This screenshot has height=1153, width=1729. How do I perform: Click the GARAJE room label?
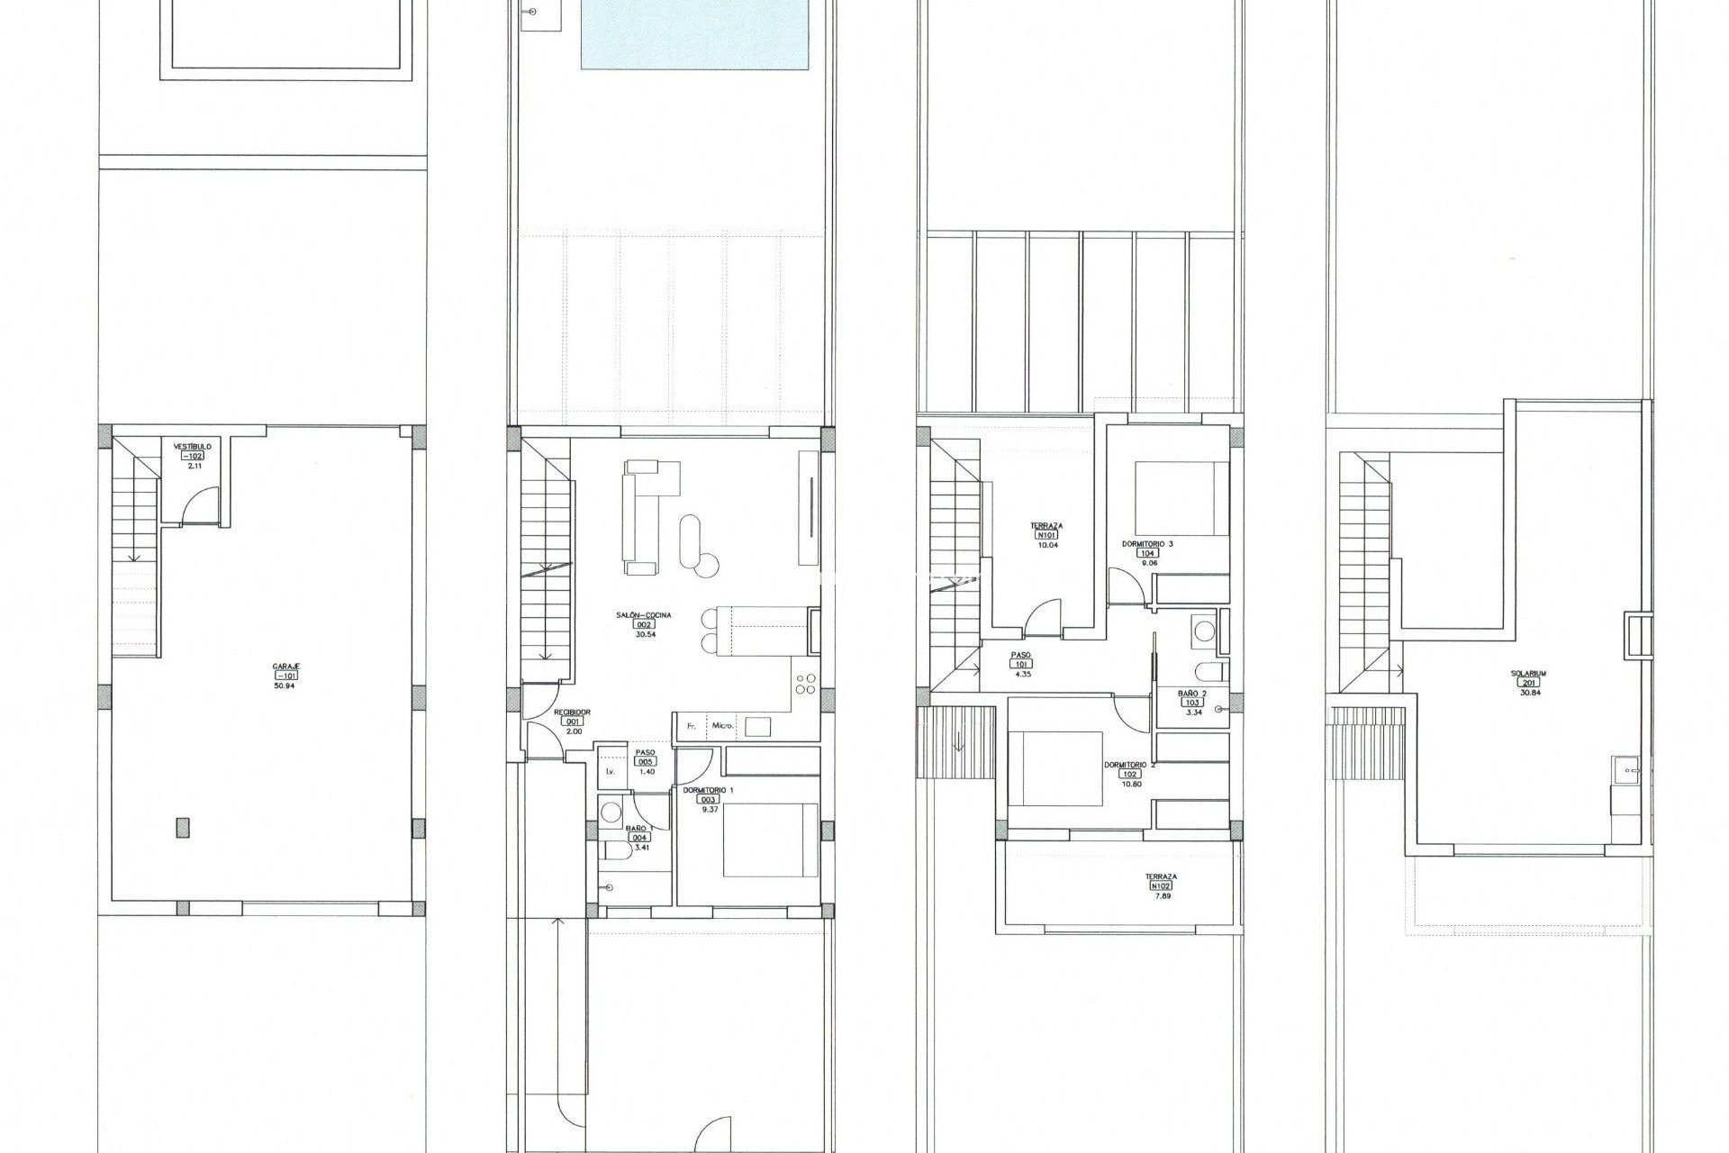pos(286,666)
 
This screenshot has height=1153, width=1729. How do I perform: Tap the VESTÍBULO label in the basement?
pos(193,446)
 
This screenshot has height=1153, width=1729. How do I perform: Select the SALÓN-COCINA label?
pos(644,615)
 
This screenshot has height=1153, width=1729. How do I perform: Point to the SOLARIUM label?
pos(1529,673)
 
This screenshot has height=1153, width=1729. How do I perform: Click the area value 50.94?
pos(285,685)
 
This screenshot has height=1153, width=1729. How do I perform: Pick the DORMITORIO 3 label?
pos(1147,544)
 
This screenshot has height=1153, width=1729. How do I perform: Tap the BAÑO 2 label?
pos(1192,693)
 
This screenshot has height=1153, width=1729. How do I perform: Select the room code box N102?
pos(1161,885)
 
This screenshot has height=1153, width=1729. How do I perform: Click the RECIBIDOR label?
pos(573,712)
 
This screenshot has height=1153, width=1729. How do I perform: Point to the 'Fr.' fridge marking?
pos(692,725)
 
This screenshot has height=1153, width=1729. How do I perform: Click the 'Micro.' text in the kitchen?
pos(722,725)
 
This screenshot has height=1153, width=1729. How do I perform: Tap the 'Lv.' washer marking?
pos(611,772)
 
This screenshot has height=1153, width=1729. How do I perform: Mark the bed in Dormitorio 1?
pos(770,840)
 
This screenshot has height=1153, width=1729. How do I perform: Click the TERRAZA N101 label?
pos(1046,525)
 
